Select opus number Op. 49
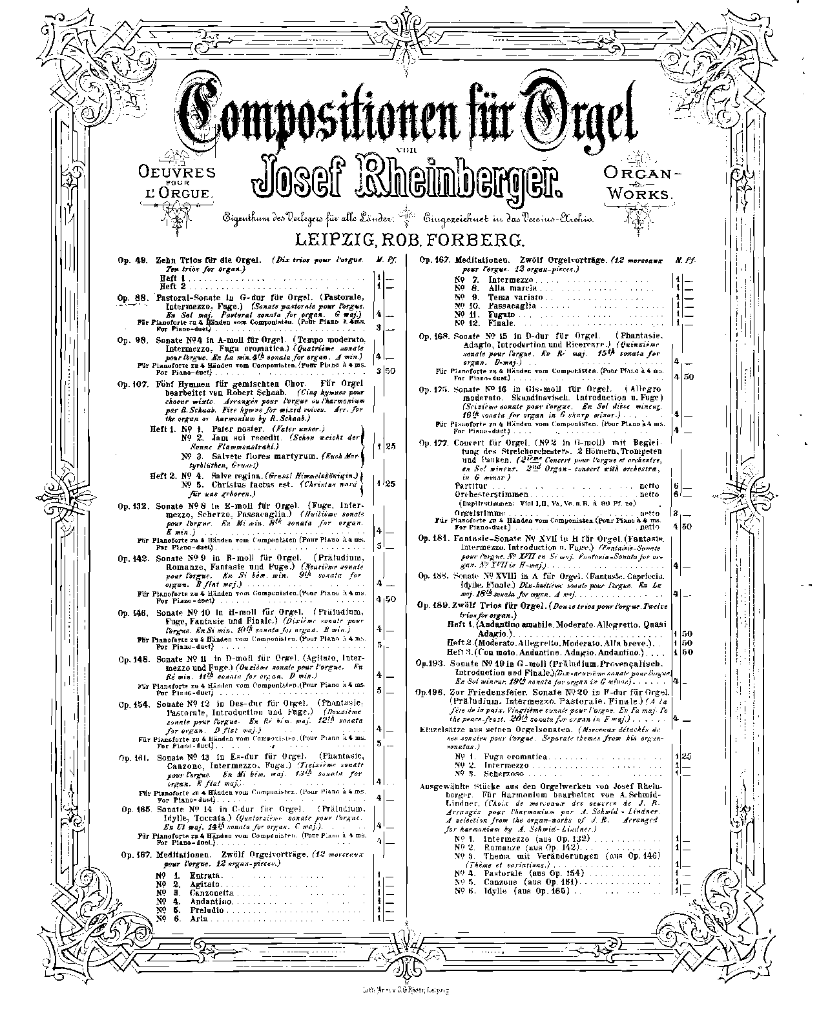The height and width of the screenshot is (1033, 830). (x=129, y=260)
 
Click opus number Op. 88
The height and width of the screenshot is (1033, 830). (x=129, y=297)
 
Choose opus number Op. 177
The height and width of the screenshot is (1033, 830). (x=432, y=442)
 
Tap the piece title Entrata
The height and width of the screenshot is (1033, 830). (x=205, y=875)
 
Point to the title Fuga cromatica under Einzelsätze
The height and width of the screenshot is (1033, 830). (x=520, y=756)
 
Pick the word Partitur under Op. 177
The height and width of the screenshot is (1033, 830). (x=470, y=484)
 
